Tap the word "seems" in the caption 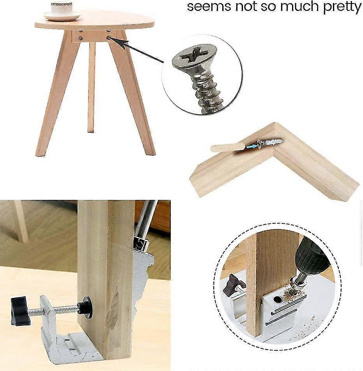[209, 7]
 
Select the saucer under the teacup [62, 16]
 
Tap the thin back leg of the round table [91, 87]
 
